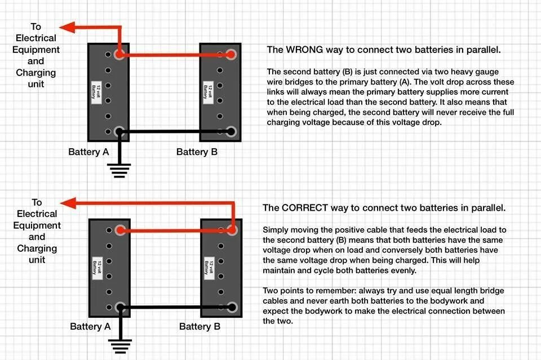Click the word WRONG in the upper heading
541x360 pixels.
tap(305, 50)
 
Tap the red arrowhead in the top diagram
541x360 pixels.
tap(66, 27)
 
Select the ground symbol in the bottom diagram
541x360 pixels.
tap(120, 344)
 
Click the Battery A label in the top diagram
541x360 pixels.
tap(88, 152)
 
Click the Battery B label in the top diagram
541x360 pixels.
tap(197, 152)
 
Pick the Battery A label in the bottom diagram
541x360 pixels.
tap(90, 327)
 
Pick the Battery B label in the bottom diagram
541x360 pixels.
tap(199, 327)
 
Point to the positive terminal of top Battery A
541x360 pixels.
tap(119, 55)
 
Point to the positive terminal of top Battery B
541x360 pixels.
tap(231, 55)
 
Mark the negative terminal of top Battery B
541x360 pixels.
tap(231, 132)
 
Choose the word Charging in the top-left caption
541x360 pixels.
tap(36, 73)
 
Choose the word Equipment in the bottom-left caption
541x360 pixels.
tap(37, 225)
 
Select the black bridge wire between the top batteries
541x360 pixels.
tap(175, 132)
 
